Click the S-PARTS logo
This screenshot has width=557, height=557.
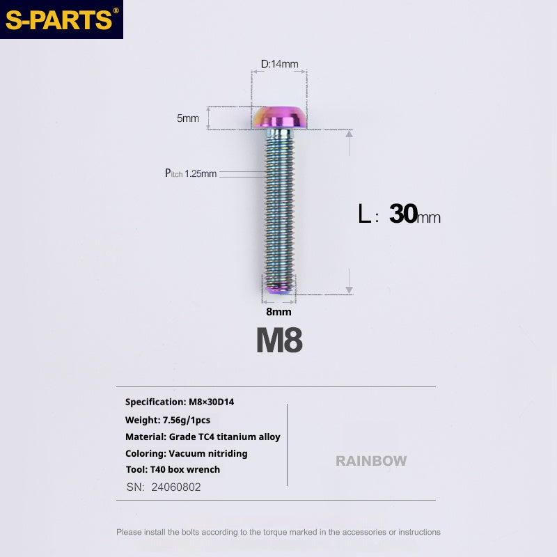pos(61,19)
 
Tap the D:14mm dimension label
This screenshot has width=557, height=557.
pos(280,64)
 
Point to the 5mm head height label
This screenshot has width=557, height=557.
pos(188,118)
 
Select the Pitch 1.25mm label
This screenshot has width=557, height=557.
pos(191,173)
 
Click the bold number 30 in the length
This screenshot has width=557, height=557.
pos(403,214)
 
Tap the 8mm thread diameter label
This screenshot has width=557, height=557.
pos(279,311)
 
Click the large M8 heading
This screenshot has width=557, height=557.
pos(280,340)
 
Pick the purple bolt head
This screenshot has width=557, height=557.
pos(279,117)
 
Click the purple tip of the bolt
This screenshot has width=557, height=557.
pos(279,290)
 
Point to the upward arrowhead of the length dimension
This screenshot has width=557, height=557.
pos(350,134)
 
